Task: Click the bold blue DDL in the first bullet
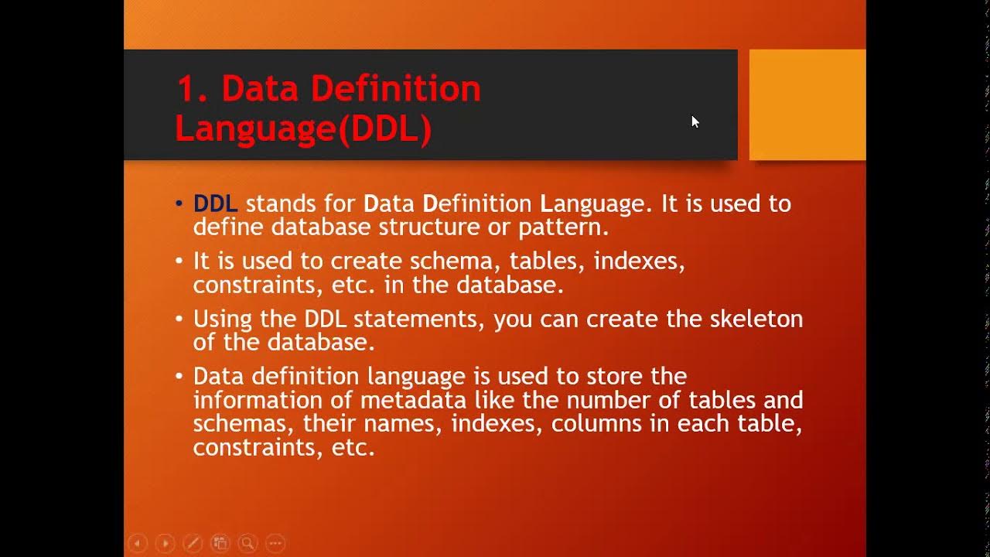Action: pyautogui.click(x=214, y=203)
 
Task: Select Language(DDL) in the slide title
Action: pyautogui.click(x=302, y=129)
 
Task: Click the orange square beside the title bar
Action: pyautogui.click(x=807, y=104)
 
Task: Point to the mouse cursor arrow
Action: pyautogui.click(x=695, y=121)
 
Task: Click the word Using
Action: pyautogui.click(x=220, y=320)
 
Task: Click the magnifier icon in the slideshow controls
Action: pyautogui.click(x=247, y=543)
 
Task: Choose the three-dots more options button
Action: pyautogui.click(x=275, y=543)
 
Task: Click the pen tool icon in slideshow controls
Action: pyautogui.click(x=193, y=543)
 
